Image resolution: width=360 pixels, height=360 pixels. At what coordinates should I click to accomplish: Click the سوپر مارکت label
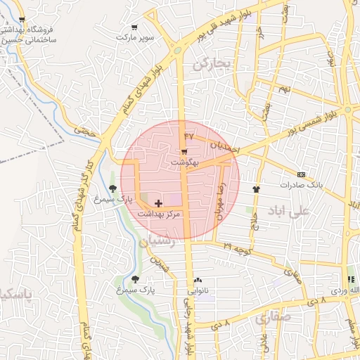(136, 36)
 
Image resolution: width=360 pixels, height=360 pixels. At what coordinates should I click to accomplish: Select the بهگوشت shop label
(184, 162)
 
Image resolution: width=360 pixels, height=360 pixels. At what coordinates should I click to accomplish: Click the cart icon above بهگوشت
(184, 151)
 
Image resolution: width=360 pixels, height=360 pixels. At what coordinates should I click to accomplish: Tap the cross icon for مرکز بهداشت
(158, 202)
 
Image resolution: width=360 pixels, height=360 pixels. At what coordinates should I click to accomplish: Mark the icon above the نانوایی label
(198, 280)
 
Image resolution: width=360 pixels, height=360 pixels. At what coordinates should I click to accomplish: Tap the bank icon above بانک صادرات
(301, 174)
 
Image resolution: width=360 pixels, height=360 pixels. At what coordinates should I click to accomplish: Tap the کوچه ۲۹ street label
(238, 248)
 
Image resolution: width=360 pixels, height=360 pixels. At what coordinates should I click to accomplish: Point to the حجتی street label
(85, 129)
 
